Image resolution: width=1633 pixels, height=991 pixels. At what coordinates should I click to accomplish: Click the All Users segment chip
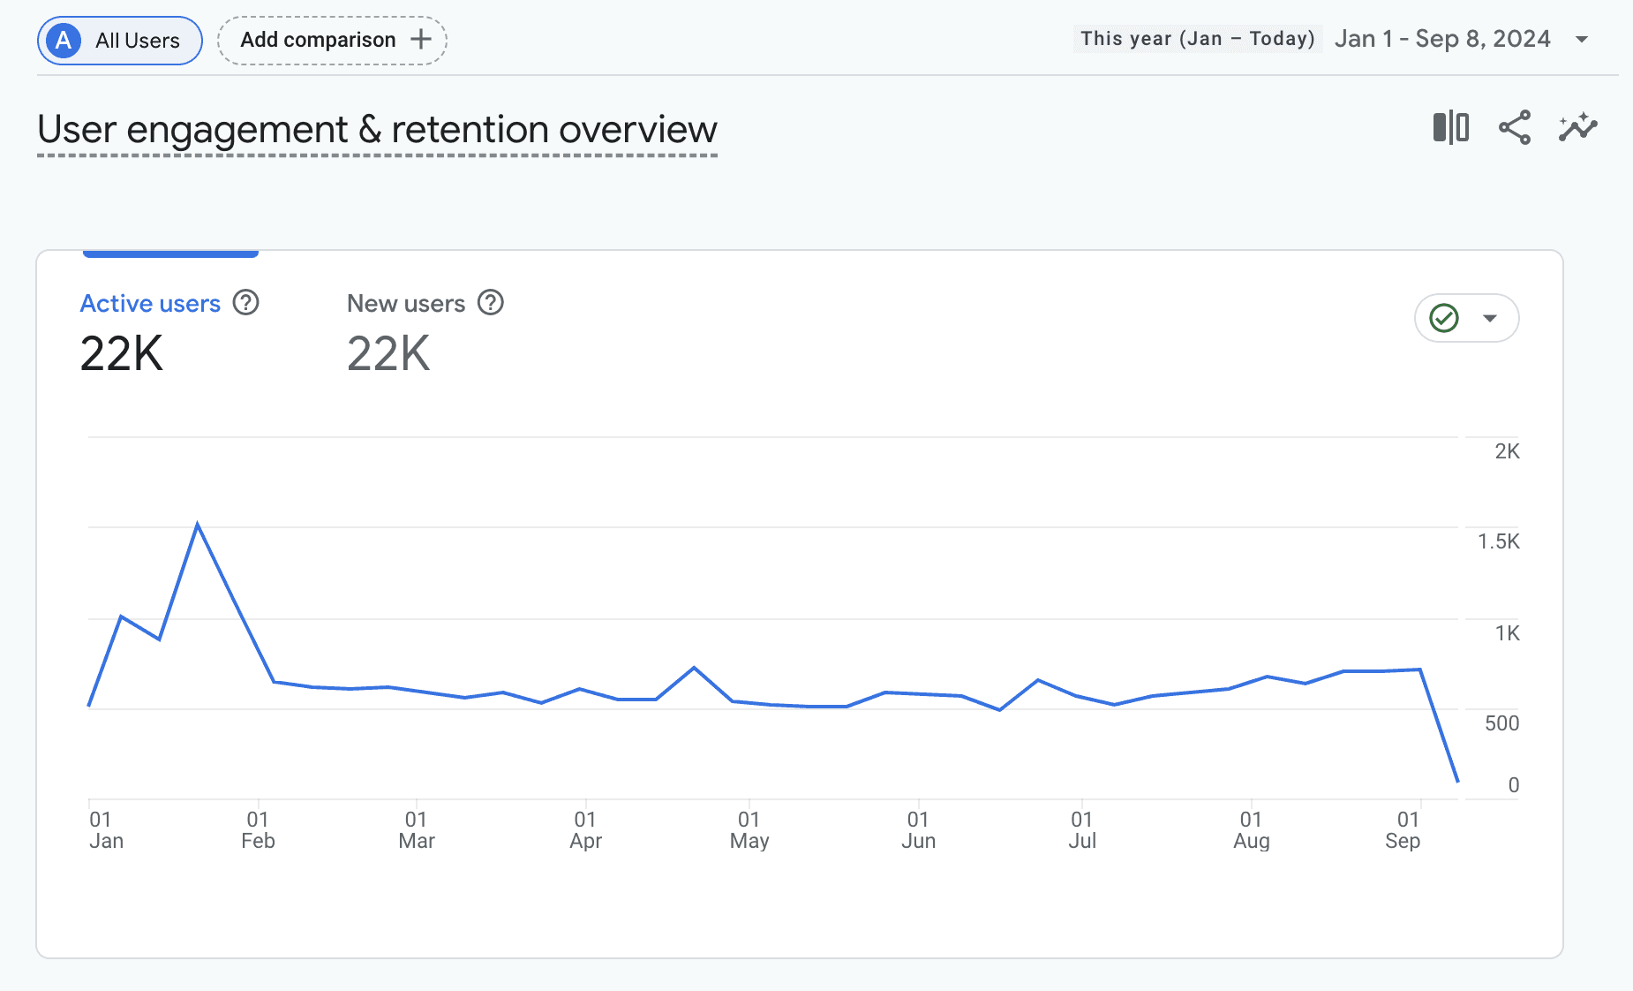click(x=120, y=41)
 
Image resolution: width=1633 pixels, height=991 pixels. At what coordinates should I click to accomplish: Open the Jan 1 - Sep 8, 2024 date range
click(x=1442, y=39)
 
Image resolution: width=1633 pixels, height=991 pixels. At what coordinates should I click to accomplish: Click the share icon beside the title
click(x=1515, y=128)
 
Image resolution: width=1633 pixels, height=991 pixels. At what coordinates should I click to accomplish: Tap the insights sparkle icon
click(x=1578, y=128)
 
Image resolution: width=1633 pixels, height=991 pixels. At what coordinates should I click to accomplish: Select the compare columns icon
click(x=1451, y=128)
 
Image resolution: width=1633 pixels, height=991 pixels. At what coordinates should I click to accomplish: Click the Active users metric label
click(x=150, y=304)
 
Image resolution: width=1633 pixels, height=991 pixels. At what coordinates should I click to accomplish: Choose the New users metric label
click(x=406, y=304)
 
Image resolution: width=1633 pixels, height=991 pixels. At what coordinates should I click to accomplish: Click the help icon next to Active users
click(x=246, y=303)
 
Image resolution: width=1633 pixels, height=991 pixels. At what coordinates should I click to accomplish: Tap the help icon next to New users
click(x=491, y=303)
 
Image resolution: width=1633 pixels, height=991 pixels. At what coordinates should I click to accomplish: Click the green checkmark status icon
click(x=1444, y=318)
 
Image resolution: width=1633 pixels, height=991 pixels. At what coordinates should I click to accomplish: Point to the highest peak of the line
click(x=198, y=524)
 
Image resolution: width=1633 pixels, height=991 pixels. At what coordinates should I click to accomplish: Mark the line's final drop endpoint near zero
click(x=1457, y=781)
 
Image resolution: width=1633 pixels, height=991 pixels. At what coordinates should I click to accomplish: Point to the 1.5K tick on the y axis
click(x=1499, y=541)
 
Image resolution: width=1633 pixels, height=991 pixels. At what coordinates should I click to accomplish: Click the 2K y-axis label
click(x=1508, y=451)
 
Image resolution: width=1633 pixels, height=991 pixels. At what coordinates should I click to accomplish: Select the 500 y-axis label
click(x=1501, y=723)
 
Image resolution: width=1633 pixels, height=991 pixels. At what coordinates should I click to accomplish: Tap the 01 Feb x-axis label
click(x=258, y=830)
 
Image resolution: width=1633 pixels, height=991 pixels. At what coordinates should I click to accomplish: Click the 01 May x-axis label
click(x=749, y=830)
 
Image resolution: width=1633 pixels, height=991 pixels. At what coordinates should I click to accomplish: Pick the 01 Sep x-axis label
click(x=1403, y=830)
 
